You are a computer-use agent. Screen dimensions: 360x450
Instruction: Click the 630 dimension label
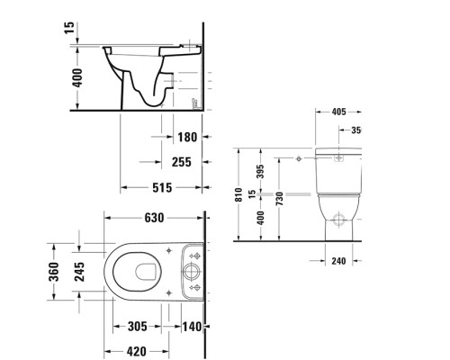point(153,219)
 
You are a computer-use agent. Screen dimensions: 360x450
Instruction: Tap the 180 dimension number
point(186,138)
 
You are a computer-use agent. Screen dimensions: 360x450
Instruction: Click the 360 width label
point(54,271)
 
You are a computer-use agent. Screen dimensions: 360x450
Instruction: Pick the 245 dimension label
point(81,271)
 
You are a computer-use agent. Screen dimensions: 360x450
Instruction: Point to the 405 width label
point(339,112)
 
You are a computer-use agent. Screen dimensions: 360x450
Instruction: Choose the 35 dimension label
point(355,130)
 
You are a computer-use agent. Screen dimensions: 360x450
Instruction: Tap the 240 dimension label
point(338,261)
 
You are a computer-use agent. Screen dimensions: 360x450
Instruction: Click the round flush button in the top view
point(191,271)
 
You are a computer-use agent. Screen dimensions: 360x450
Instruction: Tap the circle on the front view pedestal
point(338,218)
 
